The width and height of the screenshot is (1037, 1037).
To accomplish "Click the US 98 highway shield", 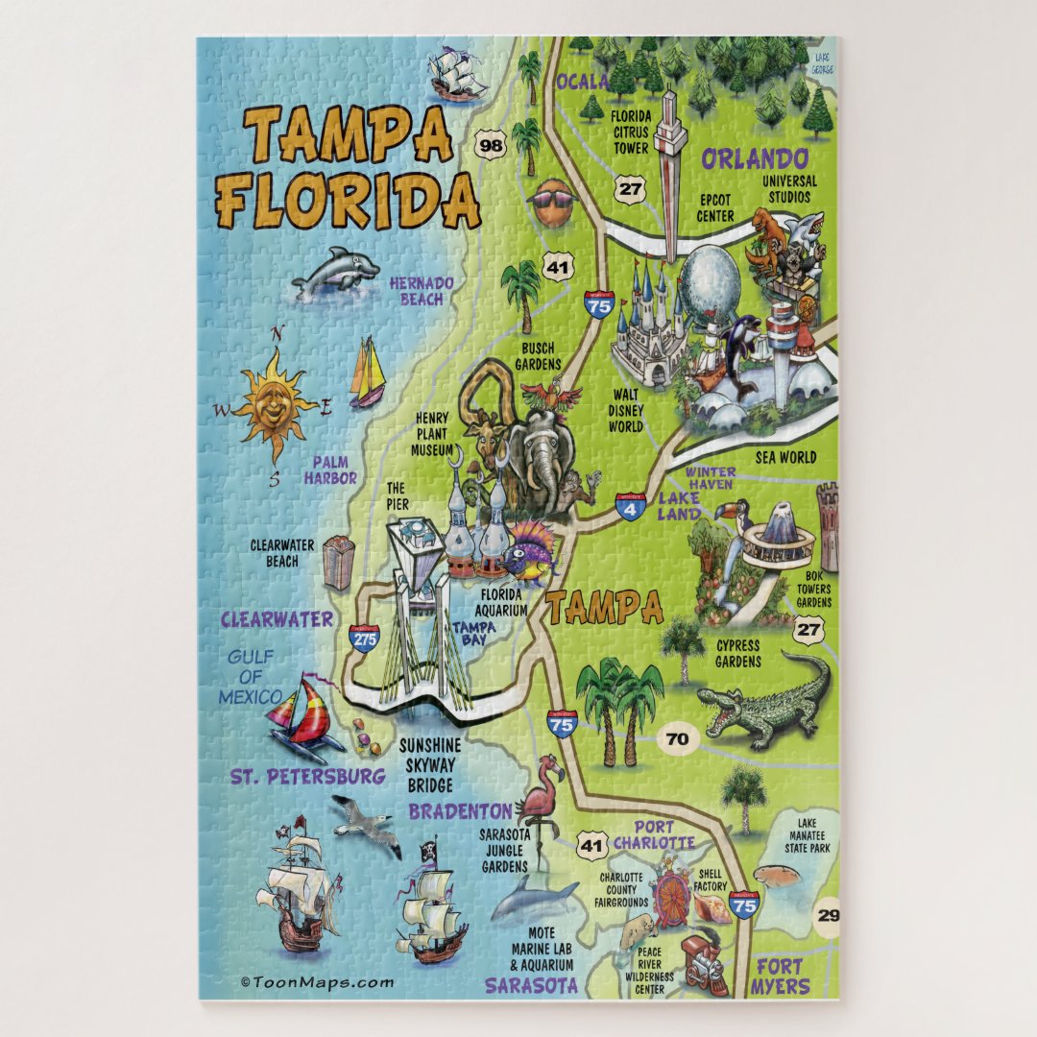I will point(491,146).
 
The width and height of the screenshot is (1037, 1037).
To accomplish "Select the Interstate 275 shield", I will point(364,638).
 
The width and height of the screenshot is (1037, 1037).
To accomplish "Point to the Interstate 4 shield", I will point(630,507).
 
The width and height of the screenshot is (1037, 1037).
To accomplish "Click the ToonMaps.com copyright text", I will point(318,982).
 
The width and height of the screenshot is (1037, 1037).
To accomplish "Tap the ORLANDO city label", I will point(753,157).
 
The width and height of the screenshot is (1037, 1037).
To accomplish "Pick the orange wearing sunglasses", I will point(553,202).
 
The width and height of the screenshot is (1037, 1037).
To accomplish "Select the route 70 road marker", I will point(677,739).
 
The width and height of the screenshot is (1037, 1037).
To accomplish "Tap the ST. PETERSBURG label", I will point(307,776).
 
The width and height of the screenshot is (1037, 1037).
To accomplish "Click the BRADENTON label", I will point(460,811).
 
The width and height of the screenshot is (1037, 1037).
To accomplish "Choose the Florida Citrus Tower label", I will point(631,133).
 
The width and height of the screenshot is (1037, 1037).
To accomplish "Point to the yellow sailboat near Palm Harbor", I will point(367,372).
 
